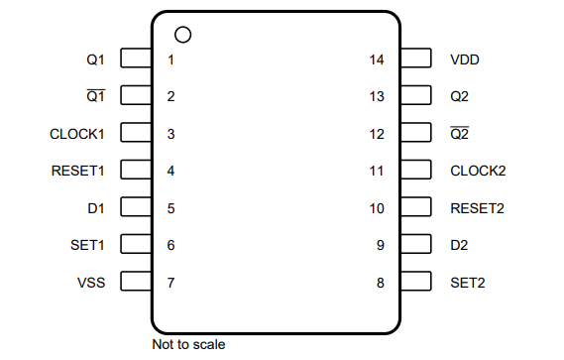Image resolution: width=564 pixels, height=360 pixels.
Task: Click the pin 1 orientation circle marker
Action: tap(181, 35)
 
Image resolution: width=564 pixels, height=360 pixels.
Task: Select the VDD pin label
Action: tap(465, 60)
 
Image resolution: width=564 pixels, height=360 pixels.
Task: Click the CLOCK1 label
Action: tap(77, 134)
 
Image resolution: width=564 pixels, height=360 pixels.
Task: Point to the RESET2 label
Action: tap(478, 208)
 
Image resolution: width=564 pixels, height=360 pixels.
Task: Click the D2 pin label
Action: tap(459, 245)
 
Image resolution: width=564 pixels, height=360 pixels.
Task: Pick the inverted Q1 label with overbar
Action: tap(96, 96)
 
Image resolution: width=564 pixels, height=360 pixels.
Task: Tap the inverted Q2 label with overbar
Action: tap(459, 134)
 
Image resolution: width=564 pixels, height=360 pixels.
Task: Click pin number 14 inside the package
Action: tap(376, 60)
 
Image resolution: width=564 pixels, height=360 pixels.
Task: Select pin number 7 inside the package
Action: tap(170, 283)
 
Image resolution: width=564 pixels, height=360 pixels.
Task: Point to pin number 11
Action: tap(376, 171)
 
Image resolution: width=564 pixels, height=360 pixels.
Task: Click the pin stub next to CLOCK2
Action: tap(416, 171)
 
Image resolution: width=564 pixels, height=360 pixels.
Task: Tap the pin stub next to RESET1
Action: tap(135, 171)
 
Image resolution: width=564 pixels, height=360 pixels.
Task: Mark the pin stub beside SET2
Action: tap(416, 283)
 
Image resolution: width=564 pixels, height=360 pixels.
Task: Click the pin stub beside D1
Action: tap(135, 208)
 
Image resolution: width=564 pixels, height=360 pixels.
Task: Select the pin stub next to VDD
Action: tap(416, 60)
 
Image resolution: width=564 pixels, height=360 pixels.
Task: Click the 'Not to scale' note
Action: tap(188, 345)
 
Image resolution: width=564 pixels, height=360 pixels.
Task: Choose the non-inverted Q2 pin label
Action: tap(459, 96)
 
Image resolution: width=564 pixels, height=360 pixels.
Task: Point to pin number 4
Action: tap(170, 171)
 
